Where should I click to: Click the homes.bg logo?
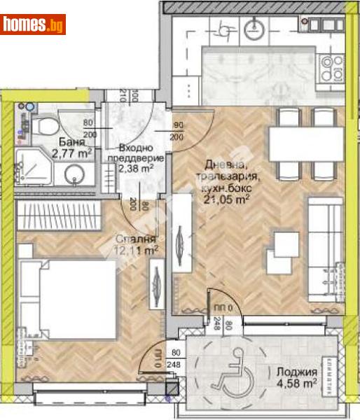(34, 25)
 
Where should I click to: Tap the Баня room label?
(67, 139)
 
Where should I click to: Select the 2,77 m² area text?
(71, 151)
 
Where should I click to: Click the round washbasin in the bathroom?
(75, 176)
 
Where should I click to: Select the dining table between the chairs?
(306, 145)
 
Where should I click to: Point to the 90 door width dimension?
(177, 126)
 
